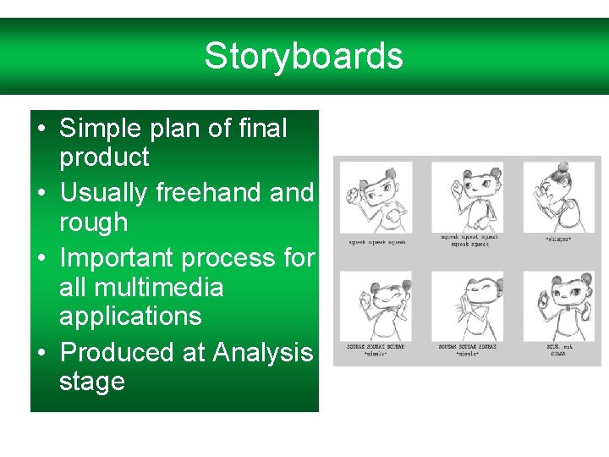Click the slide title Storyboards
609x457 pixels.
click(304, 57)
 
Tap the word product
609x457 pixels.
click(104, 157)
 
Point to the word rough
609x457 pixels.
click(93, 223)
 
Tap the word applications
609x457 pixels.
click(130, 317)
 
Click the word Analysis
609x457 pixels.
click(263, 351)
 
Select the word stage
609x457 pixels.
click(91, 382)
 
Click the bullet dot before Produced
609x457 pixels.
click(41, 352)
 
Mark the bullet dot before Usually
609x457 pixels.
click(41, 194)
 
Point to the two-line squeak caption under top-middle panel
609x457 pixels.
click(469, 240)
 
